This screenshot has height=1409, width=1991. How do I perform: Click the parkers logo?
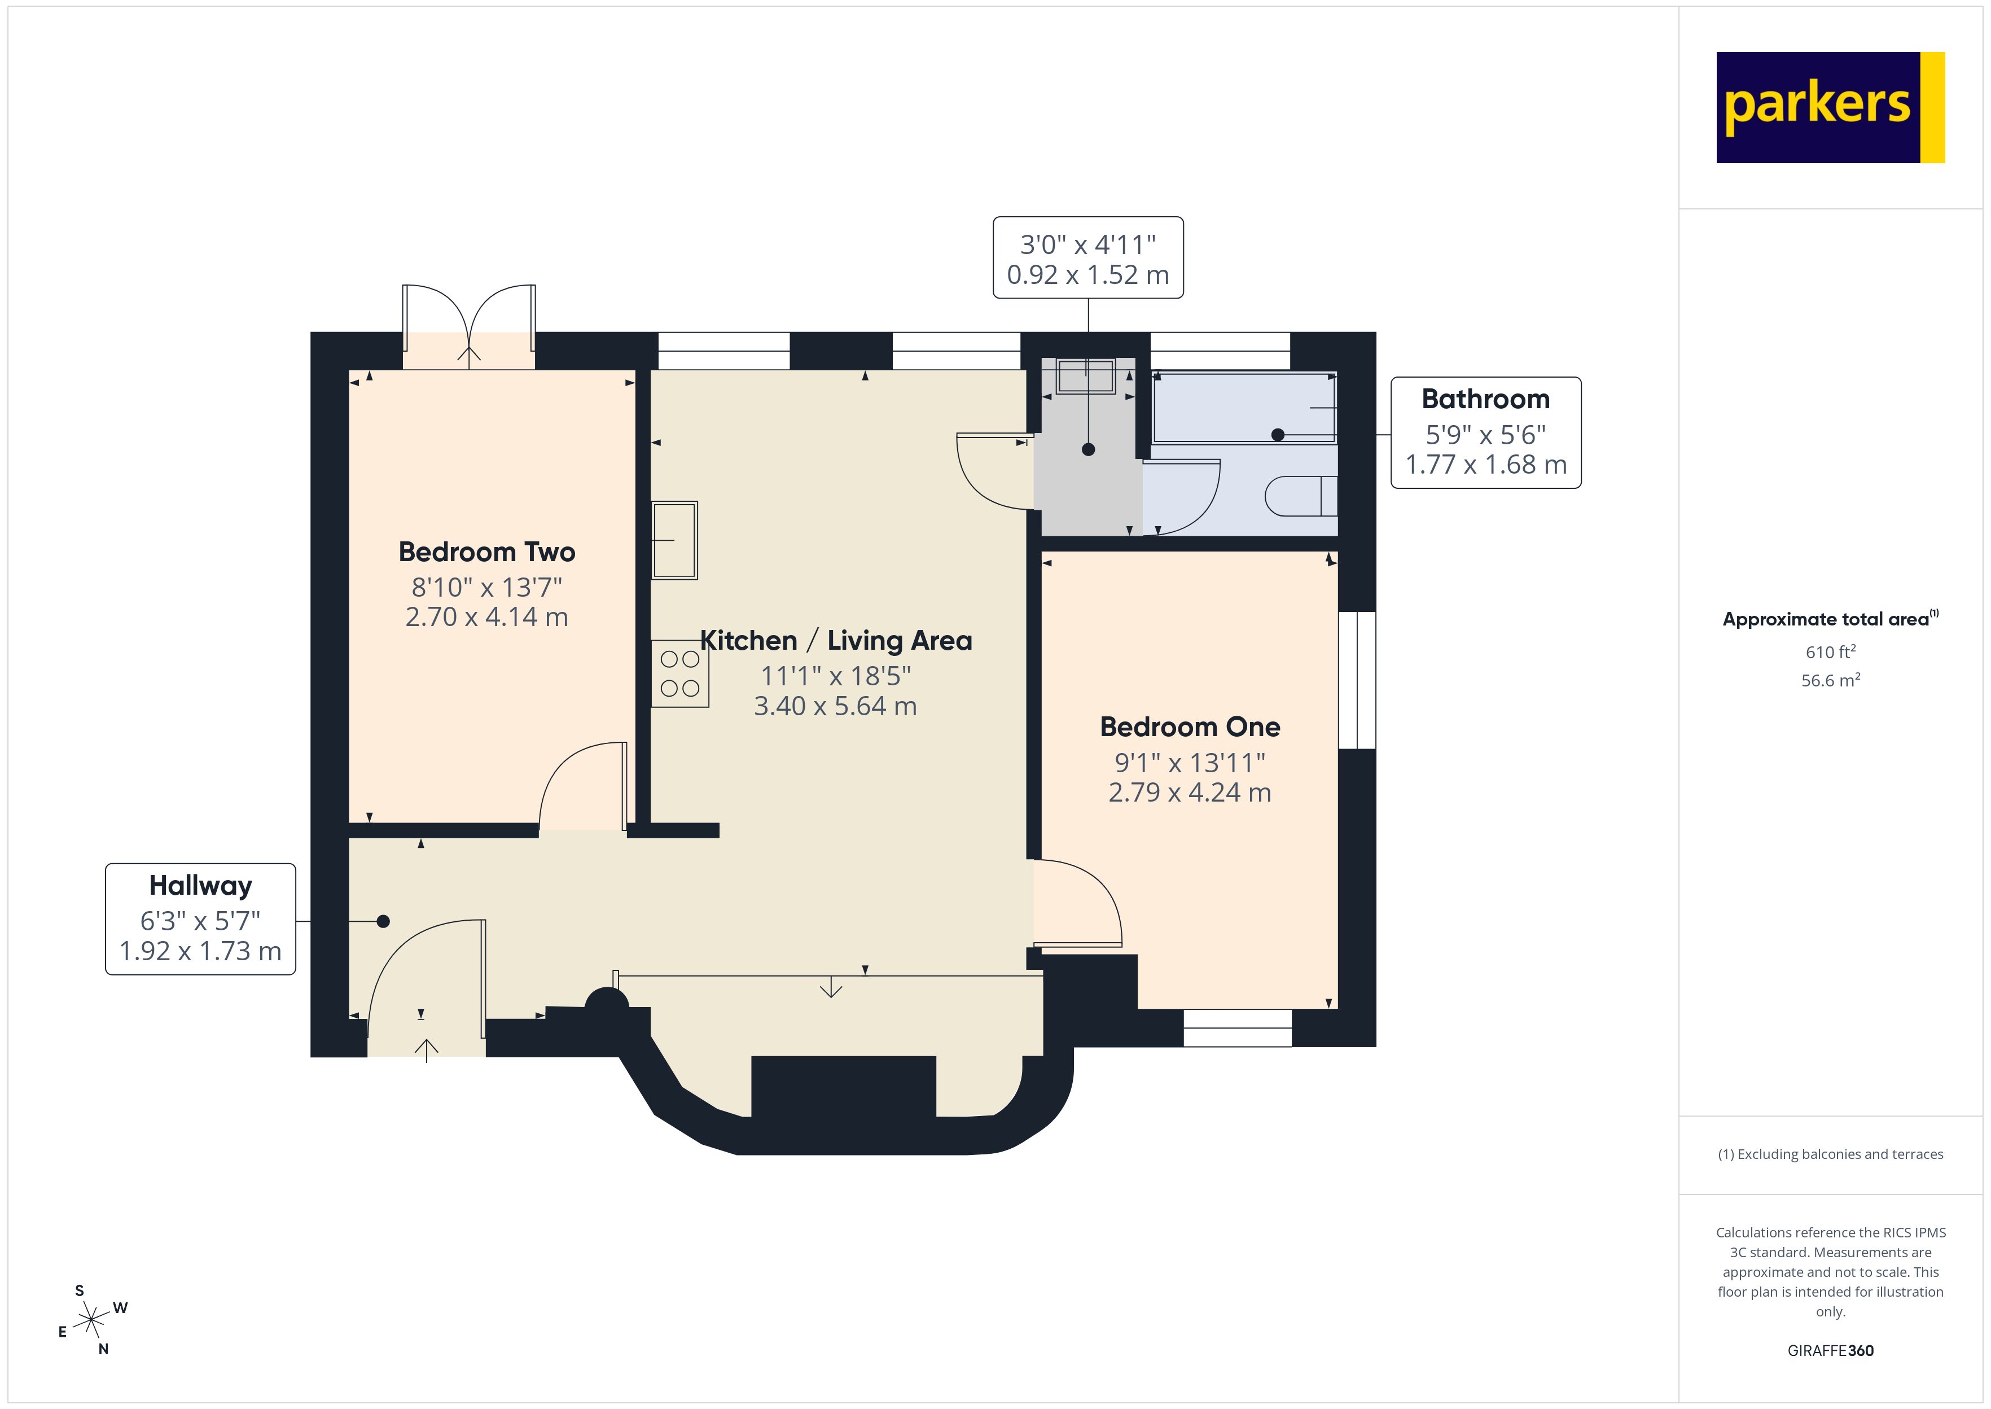tap(1830, 108)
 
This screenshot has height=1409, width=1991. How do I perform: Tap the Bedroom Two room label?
tap(486, 552)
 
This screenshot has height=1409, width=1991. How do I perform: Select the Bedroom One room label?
tap(1190, 727)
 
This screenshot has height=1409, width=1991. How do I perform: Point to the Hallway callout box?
tap(200, 919)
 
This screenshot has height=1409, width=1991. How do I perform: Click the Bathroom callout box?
tap(1485, 432)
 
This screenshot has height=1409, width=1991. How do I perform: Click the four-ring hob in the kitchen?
tap(680, 674)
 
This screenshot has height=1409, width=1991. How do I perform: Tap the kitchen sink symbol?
tap(674, 540)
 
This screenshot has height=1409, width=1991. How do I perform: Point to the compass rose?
tap(90, 1320)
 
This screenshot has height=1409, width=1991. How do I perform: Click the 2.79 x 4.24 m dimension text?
tap(1190, 792)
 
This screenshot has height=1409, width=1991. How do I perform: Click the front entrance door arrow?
tap(426, 1050)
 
